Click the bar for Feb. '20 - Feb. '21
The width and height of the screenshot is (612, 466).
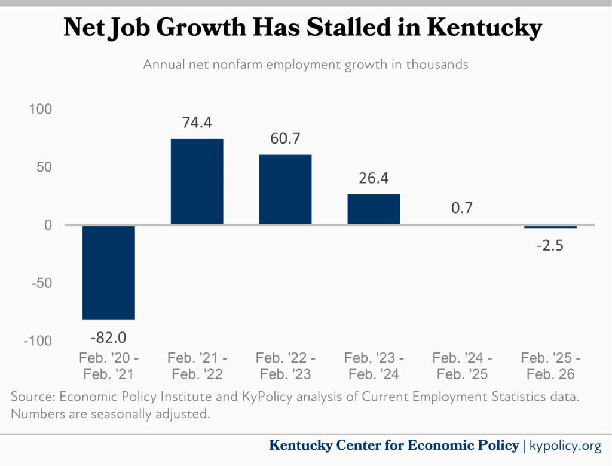[x=109, y=272]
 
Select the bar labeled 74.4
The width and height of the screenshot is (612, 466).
[x=197, y=182]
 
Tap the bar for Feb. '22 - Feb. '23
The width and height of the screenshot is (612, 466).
[x=285, y=190]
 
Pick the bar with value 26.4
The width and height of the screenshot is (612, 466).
[x=374, y=209]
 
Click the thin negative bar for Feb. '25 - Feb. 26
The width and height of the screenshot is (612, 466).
[x=550, y=227]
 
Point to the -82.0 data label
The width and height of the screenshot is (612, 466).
[x=109, y=336]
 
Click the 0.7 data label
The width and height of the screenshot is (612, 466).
[x=462, y=208]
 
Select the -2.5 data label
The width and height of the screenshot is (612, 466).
[x=550, y=245]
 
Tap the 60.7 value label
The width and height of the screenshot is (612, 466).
[x=285, y=139]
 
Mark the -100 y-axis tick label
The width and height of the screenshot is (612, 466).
[x=38, y=340]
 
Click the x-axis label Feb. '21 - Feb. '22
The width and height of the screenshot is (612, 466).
[x=197, y=366]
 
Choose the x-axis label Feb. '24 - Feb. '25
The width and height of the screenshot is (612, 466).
[x=462, y=366]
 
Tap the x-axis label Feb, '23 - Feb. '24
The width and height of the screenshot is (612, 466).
[x=374, y=366]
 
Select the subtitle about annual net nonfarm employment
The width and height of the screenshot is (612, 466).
[x=305, y=65]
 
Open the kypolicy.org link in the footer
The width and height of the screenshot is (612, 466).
[x=565, y=446]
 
